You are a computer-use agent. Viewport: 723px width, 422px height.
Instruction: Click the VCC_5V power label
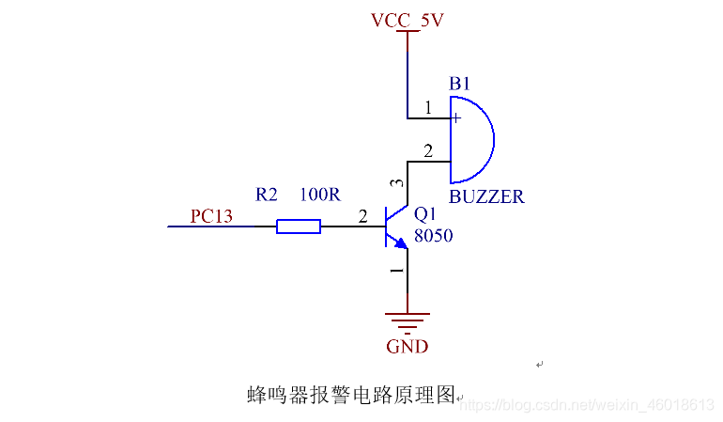(x=407, y=19)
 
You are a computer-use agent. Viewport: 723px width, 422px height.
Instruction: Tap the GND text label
(x=407, y=347)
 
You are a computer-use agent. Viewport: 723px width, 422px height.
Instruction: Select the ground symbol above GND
(x=407, y=322)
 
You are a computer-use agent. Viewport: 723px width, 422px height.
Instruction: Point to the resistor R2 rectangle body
(x=299, y=226)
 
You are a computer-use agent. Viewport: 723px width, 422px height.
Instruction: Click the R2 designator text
(x=267, y=195)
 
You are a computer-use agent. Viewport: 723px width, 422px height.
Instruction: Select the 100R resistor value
(x=319, y=195)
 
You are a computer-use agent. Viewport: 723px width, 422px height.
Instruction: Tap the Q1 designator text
(x=426, y=216)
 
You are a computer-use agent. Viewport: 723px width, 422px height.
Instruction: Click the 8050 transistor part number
(x=433, y=236)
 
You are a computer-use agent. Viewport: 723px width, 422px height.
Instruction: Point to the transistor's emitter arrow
(x=401, y=243)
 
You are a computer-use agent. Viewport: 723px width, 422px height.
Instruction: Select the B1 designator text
(x=459, y=85)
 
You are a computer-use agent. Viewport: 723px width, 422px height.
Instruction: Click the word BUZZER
(x=486, y=197)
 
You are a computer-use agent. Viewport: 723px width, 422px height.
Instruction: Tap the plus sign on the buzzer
(x=455, y=118)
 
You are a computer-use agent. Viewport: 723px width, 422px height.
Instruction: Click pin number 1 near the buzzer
(x=428, y=108)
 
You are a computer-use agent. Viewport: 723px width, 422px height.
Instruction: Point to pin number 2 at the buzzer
(x=428, y=150)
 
